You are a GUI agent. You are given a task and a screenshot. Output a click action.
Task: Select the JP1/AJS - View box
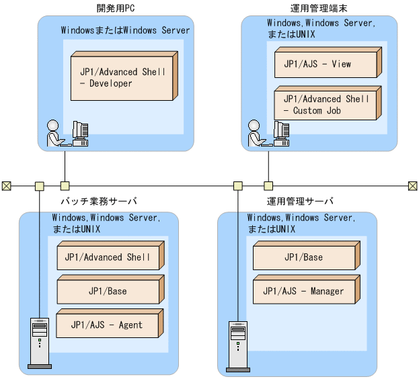point(324,65)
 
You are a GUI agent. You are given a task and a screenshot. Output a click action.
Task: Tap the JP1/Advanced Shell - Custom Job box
point(324,105)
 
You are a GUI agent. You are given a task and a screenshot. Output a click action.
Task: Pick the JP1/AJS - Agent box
point(107,325)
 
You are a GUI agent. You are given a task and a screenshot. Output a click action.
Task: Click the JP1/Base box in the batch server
point(107,291)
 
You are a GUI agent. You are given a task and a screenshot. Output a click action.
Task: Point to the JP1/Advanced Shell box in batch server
point(107,257)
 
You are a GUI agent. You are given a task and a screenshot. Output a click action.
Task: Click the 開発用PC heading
point(115,8)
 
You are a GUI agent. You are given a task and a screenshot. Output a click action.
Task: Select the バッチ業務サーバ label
point(98,201)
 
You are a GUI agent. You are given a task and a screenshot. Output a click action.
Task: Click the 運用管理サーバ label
point(299,201)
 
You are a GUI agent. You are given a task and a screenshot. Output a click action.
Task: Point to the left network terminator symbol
point(7,185)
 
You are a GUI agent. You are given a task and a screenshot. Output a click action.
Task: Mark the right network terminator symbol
point(412,185)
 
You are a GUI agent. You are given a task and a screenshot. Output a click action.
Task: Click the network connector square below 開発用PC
point(65,185)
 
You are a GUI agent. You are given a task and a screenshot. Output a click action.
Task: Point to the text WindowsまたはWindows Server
point(126,30)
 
